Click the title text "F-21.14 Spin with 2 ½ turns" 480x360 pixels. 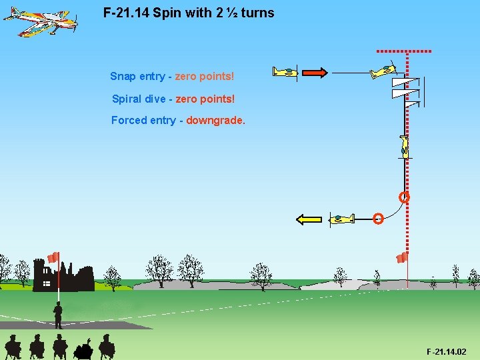[189, 13]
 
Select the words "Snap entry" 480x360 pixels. [137, 76]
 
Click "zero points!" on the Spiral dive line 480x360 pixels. [205, 99]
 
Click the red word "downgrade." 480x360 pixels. [216, 121]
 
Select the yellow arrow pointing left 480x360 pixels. [309, 219]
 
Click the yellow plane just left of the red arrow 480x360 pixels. [285, 72]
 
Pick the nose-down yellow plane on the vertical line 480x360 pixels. [404, 145]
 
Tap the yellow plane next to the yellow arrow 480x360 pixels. [341, 218]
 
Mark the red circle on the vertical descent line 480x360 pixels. [404, 197]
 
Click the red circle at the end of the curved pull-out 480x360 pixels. [378, 218]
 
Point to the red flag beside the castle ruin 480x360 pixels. [53, 257]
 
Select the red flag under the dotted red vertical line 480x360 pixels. [401, 258]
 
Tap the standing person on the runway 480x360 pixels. [58, 315]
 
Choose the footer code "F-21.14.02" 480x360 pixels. [446, 351]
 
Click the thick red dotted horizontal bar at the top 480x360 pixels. [404, 51]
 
